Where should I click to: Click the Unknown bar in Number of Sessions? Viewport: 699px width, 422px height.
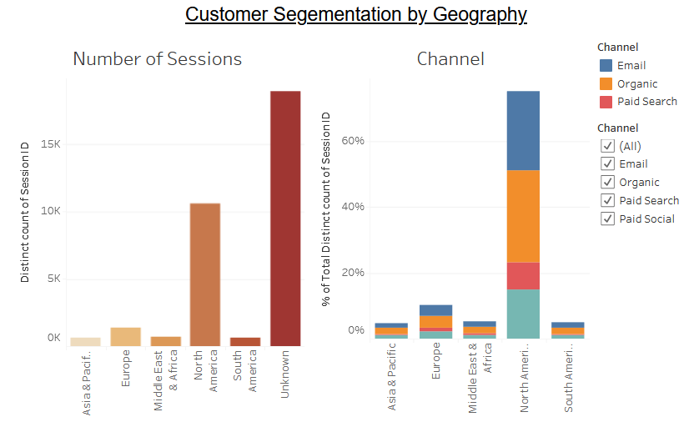(285, 218)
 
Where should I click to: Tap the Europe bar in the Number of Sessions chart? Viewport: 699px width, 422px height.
(125, 336)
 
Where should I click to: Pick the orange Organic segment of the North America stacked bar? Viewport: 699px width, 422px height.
(523, 216)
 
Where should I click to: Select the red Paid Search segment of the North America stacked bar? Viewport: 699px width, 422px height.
(523, 275)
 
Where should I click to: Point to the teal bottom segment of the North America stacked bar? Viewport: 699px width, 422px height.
(523, 314)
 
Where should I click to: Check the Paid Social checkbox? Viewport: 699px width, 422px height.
(608, 219)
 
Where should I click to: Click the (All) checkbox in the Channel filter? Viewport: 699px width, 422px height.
(608, 146)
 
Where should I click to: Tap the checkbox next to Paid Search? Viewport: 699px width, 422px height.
(608, 201)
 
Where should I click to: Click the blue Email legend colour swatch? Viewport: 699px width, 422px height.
(606, 66)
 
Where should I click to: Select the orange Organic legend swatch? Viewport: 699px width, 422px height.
(606, 84)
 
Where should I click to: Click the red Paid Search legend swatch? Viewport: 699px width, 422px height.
(606, 102)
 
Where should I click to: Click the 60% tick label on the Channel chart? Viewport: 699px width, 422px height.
(353, 141)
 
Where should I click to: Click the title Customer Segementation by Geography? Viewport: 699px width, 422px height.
(356, 14)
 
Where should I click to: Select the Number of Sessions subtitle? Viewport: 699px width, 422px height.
(158, 59)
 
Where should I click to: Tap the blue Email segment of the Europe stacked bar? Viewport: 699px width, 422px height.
(435, 310)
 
